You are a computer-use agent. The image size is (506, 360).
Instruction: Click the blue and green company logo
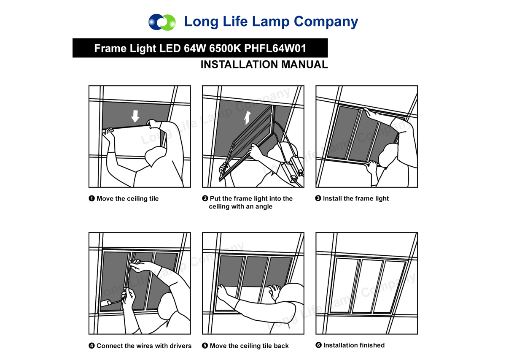pos(162,22)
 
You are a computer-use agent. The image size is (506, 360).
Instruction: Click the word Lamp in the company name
pos(271,22)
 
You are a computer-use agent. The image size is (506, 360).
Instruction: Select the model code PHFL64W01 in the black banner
pos(275,48)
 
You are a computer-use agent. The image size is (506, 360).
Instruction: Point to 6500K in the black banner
pos(225,48)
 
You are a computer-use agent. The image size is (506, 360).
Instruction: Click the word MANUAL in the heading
pos(304,65)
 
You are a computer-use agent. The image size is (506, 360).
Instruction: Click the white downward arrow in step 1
pos(135,116)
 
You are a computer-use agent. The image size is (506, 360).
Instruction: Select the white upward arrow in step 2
pos(248,118)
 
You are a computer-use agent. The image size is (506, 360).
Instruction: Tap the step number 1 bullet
pos(92,198)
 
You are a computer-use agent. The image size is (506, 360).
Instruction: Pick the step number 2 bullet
pos(205,198)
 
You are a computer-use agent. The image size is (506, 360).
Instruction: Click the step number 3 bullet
pos(318,198)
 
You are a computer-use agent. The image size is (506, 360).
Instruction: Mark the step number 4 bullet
pos(92,346)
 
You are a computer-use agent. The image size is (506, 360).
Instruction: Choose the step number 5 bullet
pos(205,346)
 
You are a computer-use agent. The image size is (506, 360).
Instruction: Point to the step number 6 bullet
pos(318,345)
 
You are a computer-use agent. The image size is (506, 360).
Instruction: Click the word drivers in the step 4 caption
pos(180,346)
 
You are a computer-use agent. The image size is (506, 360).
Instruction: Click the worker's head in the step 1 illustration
pos(156,156)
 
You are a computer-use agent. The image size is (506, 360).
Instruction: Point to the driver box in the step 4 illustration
pos(106,303)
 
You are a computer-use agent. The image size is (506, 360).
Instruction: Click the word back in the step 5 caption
pos(281,346)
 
